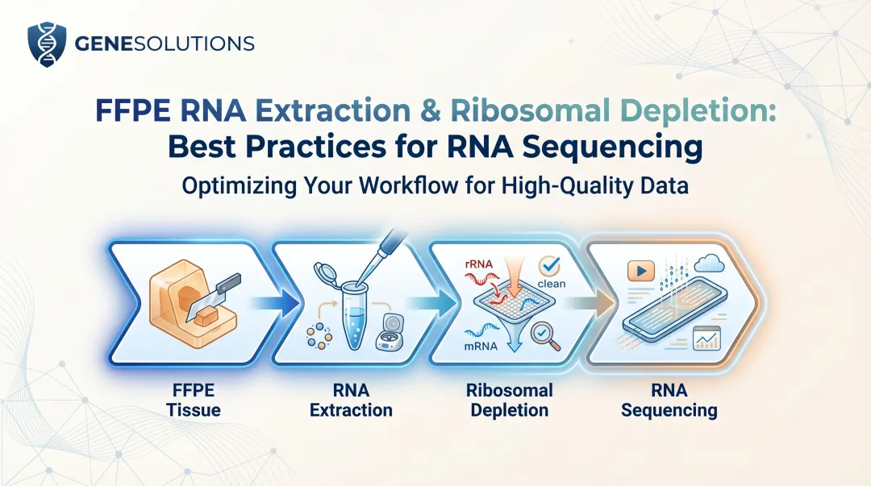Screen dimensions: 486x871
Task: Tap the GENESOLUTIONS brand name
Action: pos(164,44)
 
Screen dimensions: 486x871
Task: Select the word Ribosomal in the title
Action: pos(528,111)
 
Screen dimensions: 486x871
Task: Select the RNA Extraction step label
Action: pos(351,400)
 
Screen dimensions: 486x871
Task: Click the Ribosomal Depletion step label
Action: pos(509,400)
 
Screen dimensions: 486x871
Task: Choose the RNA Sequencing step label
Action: pos(669,400)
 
